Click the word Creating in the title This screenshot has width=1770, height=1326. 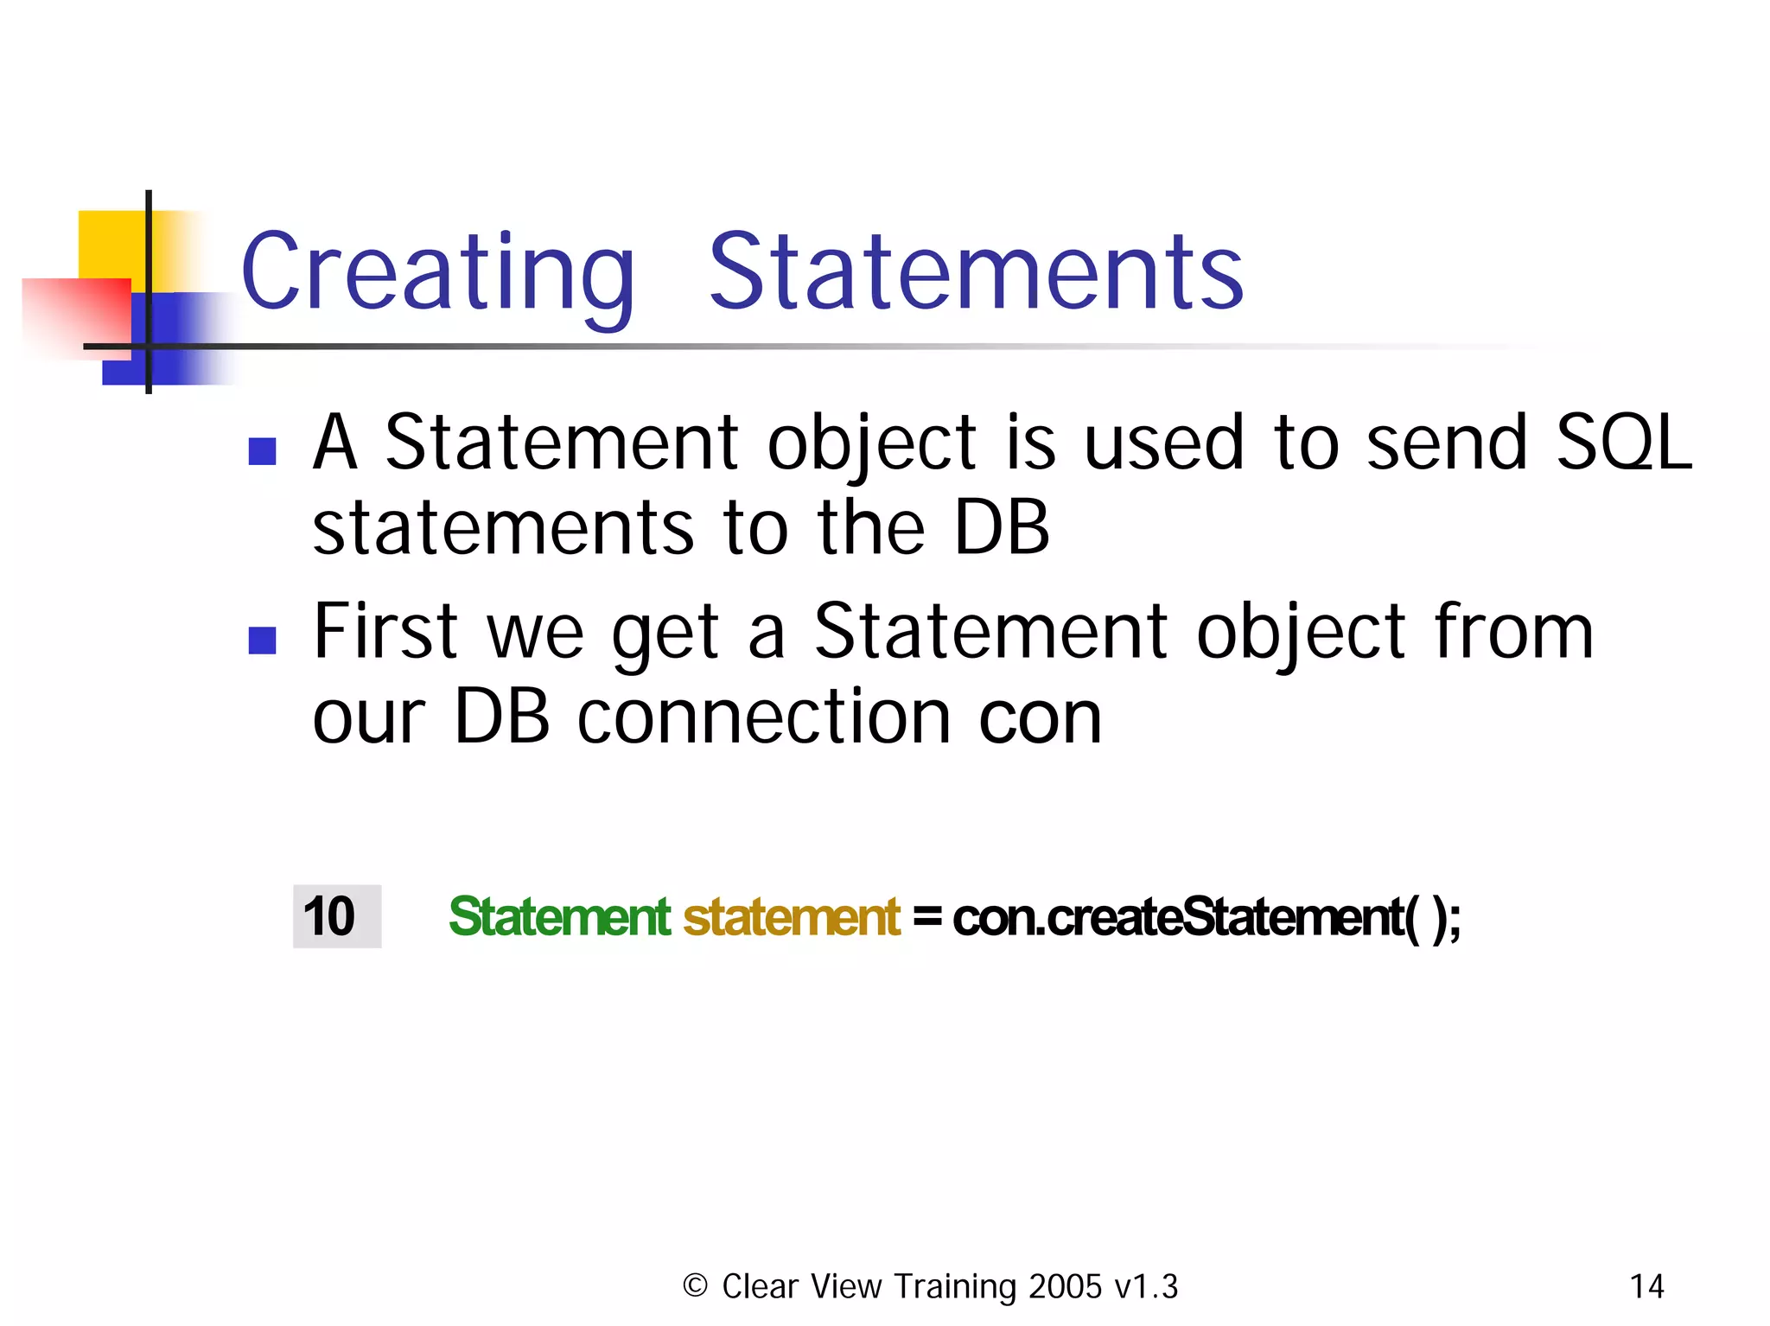437,272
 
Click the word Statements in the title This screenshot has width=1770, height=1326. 976,272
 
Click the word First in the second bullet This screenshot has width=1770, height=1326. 385,631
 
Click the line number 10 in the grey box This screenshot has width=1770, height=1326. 329,916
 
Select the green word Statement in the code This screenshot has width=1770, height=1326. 559,916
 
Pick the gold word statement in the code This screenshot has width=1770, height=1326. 792,916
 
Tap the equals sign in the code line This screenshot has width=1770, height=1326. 926,916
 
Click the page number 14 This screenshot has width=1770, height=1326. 1646,1286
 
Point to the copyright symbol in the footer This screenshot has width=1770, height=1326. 695,1285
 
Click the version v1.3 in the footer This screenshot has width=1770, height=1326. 1146,1286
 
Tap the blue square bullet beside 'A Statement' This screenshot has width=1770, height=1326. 262,450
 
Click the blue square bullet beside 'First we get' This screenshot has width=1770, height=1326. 262,640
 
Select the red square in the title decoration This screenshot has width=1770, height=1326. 78,316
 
